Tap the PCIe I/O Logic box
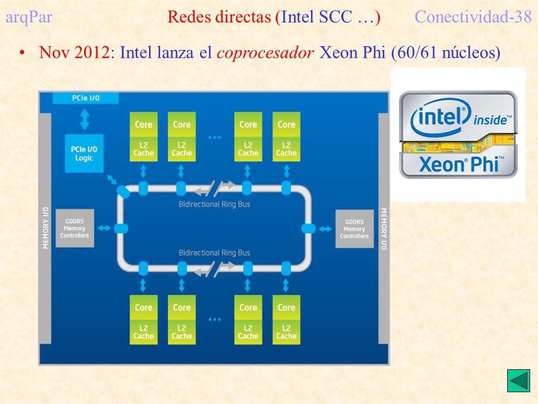(84, 153)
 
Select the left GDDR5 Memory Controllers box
(75, 228)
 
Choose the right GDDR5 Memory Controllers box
(354, 229)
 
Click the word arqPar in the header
(29, 17)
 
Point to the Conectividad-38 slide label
(473, 16)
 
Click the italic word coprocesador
(265, 53)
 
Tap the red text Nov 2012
(75, 52)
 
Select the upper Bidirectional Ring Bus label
(215, 204)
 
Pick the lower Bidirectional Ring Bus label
(215, 253)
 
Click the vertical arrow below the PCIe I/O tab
(85, 119)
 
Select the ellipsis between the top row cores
(215, 137)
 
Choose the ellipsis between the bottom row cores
(215, 319)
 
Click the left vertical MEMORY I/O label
(45, 228)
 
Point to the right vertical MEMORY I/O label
(384, 229)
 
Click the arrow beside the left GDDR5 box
(104, 228)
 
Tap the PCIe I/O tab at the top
(86, 98)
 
